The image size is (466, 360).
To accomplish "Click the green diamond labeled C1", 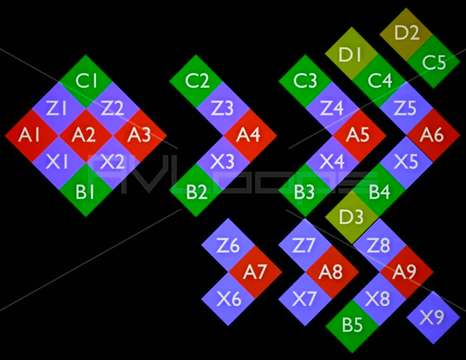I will [x=86, y=81].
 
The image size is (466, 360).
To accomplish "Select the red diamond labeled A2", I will [x=85, y=135].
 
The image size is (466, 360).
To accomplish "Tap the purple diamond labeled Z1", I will [x=58, y=108].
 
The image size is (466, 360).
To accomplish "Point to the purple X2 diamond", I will [x=112, y=162].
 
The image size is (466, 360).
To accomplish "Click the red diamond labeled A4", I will [x=250, y=135].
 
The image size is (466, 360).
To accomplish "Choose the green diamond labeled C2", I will [x=196, y=81].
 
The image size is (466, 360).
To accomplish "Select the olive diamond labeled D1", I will [x=351, y=54].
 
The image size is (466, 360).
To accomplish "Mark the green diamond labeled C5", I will [x=433, y=61].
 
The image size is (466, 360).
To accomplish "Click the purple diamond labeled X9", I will [x=432, y=317].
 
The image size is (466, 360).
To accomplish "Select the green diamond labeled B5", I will [x=352, y=325].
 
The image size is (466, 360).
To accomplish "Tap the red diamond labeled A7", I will [x=255, y=271].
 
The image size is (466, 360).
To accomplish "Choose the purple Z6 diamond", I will [x=228, y=244].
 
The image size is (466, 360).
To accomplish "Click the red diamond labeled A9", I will [x=404, y=271].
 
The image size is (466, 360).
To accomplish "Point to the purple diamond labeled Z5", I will [x=405, y=108].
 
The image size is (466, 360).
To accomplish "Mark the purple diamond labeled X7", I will [x=305, y=298].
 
